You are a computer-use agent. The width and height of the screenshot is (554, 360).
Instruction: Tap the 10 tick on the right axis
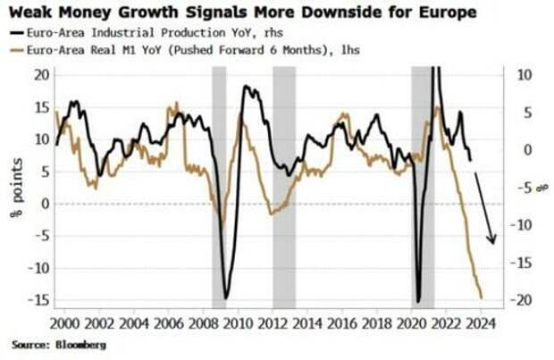click(524, 74)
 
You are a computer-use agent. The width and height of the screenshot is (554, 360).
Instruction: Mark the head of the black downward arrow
click(491, 241)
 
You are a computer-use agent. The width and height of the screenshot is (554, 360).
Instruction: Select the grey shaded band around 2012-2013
click(284, 188)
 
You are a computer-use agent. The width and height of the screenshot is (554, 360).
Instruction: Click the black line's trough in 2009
click(226, 298)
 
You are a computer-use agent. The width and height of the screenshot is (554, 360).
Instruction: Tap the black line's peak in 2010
click(246, 87)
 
